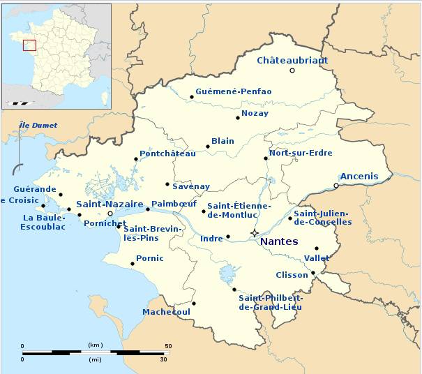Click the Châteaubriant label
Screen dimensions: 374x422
(x=292, y=60)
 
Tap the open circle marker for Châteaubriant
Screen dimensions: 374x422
(x=292, y=70)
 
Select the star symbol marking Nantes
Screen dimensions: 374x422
(x=255, y=232)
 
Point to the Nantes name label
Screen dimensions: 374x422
(x=278, y=241)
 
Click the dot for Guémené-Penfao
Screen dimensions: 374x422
(x=192, y=97)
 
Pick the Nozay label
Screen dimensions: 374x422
(x=255, y=113)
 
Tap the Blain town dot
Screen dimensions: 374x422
(x=208, y=147)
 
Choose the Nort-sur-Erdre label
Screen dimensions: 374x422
(x=301, y=153)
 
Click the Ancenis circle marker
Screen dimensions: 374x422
(x=336, y=186)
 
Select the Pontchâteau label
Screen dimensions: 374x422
(x=167, y=154)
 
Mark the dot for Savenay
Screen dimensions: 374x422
(x=167, y=184)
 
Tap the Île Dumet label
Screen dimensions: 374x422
(x=38, y=125)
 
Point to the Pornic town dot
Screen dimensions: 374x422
(x=133, y=264)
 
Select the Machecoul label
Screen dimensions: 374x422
(x=166, y=312)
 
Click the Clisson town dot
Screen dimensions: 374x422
(x=313, y=273)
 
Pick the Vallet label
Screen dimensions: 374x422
(x=317, y=258)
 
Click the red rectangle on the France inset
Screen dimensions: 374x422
(x=29, y=45)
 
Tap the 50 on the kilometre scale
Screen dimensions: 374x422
(x=167, y=346)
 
